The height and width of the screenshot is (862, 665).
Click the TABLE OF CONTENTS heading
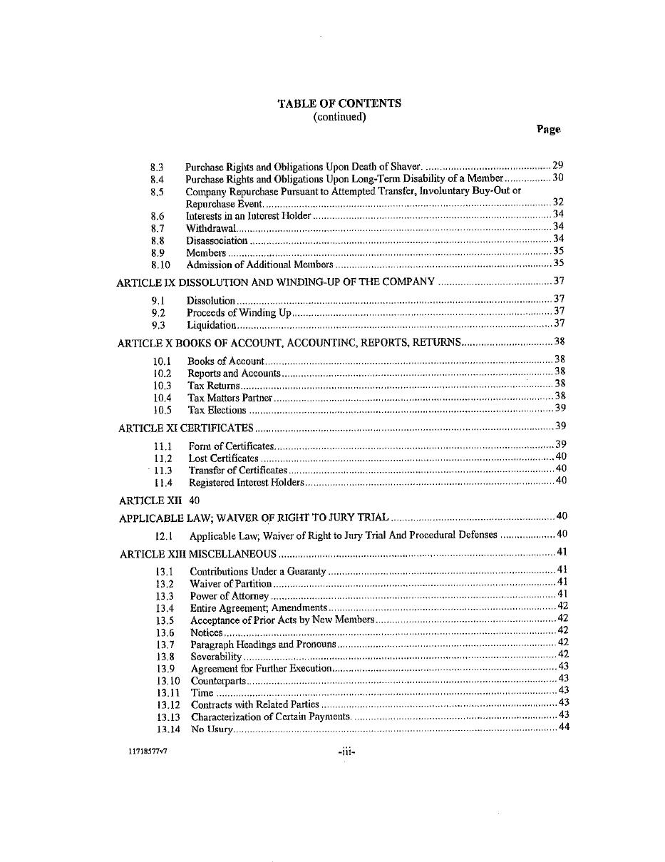tap(339, 103)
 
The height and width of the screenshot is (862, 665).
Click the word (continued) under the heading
tap(339, 117)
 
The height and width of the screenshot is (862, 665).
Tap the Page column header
tap(548, 129)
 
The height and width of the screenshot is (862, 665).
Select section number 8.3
tap(158, 167)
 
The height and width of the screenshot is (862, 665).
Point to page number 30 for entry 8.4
tap(558, 178)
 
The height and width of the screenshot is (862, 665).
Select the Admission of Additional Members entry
tap(259, 265)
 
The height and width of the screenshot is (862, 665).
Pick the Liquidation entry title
tap(211, 325)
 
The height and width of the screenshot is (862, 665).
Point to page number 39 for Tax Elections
tap(560, 409)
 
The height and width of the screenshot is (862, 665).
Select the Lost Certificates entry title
tap(223, 458)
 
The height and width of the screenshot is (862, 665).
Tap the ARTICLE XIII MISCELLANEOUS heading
tap(198, 554)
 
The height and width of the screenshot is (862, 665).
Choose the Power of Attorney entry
tap(229, 596)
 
